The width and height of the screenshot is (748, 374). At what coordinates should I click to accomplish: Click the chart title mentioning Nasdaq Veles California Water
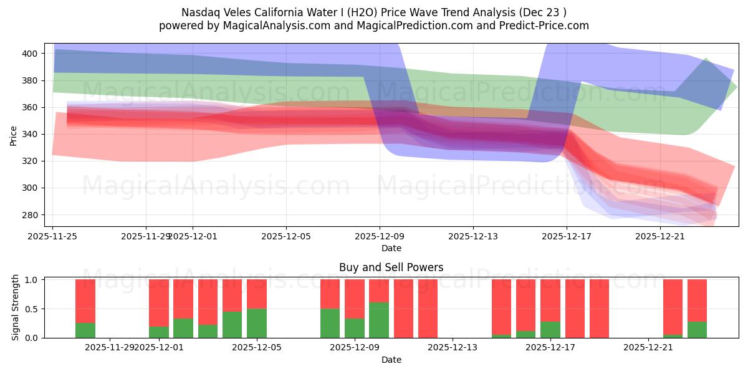(374, 12)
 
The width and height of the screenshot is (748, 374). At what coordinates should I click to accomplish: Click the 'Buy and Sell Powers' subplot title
(391, 267)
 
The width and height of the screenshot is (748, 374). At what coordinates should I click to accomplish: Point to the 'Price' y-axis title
(14, 135)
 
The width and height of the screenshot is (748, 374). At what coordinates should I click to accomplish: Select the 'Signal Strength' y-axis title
(16, 309)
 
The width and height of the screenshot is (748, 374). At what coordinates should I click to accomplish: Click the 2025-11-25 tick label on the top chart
(53, 236)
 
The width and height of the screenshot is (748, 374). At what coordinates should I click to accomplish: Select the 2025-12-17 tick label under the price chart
(567, 236)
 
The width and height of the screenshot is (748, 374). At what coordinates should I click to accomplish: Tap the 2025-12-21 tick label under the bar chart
(649, 348)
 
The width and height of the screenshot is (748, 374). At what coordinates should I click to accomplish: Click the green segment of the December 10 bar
(379, 320)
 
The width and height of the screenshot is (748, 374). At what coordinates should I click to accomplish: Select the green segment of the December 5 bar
(257, 324)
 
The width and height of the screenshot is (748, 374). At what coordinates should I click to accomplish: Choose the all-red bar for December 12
(428, 309)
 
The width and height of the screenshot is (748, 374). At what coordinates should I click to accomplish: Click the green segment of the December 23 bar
(697, 330)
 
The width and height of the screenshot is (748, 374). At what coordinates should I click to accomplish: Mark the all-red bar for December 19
(599, 309)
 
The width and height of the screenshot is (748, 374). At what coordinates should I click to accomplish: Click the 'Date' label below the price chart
(391, 248)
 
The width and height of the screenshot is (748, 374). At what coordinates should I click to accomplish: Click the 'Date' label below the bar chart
(391, 360)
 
